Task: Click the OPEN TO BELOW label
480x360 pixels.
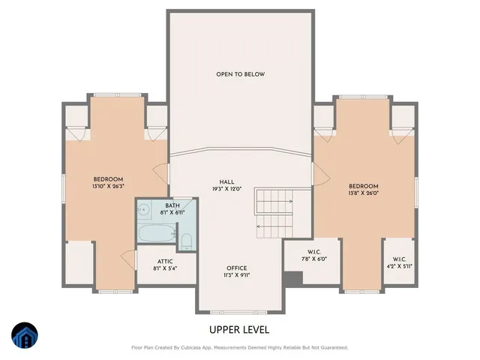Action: point(240,74)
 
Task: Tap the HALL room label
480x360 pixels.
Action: point(226,181)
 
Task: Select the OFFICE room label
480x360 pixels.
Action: point(236,268)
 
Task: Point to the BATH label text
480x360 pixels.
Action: point(172,205)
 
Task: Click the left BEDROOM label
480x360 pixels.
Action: point(108,178)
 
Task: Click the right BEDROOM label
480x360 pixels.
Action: point(363,186)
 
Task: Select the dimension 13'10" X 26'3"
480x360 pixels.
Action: point(108,186)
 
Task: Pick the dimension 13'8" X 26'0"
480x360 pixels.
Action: point(363,193)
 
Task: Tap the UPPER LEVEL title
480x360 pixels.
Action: point(240,329)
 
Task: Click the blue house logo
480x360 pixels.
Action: point(24,335)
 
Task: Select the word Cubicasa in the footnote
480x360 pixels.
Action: point(198,347)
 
